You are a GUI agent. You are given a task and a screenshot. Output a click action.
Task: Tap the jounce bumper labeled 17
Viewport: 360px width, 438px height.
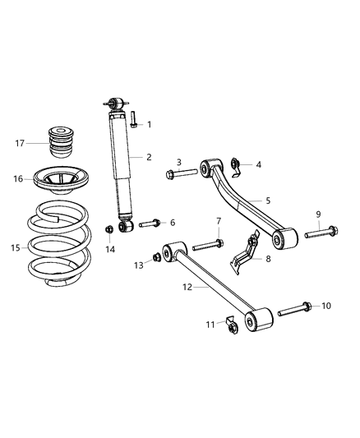pos(60,144)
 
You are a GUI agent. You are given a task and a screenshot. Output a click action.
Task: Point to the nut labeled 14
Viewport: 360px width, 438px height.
pos(108,229)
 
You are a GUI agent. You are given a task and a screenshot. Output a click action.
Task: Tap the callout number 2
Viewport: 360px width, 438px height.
pos(149,157)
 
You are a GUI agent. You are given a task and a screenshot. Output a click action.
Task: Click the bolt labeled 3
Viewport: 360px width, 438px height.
pos(182,173)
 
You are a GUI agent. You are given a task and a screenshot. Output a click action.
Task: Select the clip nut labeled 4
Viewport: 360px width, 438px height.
pos(234,166)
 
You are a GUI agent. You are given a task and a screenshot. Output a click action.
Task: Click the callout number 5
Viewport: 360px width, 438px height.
pos(268,200)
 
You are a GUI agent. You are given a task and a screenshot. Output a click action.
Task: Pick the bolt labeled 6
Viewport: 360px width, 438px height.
pos(150,223)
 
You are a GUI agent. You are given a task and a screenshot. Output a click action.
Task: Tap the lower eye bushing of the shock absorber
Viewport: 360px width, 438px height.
pos(127,225)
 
